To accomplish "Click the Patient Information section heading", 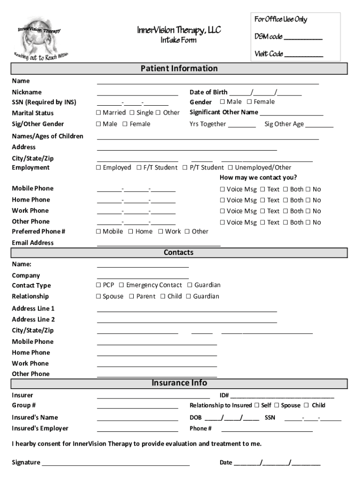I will point(179,69).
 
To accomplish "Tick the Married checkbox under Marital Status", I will point(99,113).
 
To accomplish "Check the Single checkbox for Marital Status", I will point(132,113).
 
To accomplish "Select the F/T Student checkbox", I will point(139,168).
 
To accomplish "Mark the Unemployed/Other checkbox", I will point(230,168).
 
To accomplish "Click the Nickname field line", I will point(137,94).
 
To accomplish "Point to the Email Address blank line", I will point(158,245).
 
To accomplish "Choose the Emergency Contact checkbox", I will point(122,285).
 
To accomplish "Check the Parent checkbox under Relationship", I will point(132,297).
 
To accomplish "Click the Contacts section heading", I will point(179,253).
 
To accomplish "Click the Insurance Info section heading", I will point(179,383).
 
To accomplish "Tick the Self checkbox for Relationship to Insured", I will point(257,406).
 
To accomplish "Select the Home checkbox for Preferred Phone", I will point(131,232).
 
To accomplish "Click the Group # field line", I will point(137,408).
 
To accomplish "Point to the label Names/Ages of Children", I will point(48,136).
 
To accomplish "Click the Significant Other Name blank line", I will point(291,115).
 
